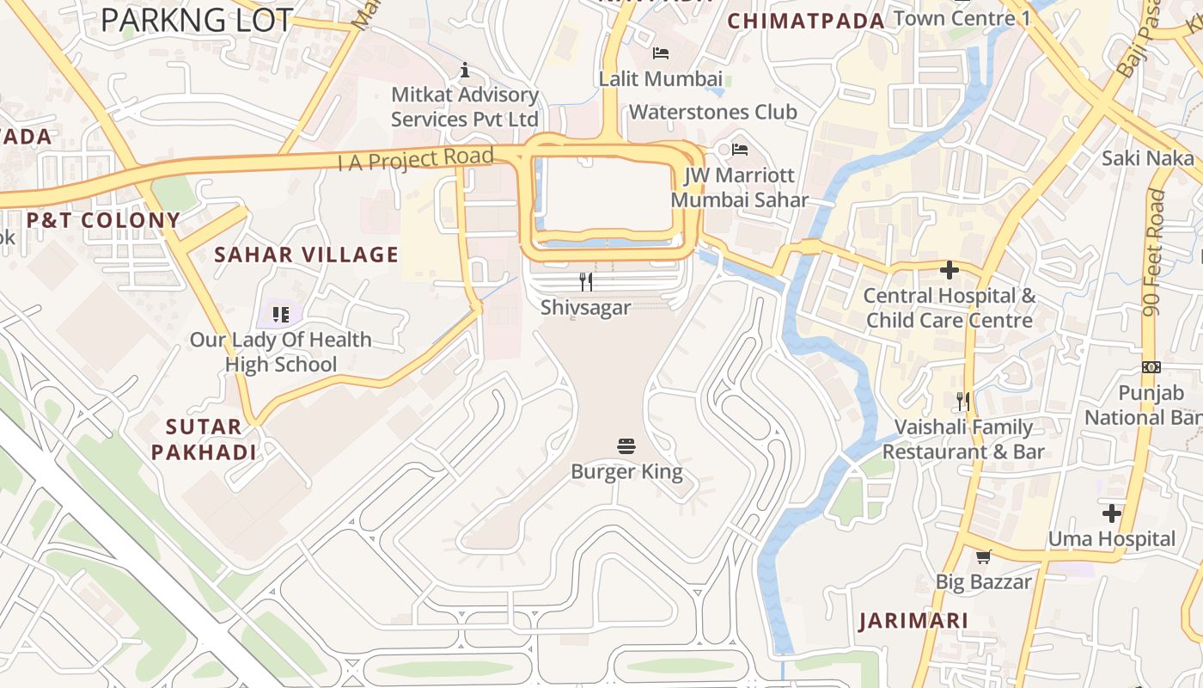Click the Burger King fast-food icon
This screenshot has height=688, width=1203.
626,446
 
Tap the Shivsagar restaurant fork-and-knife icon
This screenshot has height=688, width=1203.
586,282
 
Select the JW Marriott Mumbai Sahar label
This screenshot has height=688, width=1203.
739,187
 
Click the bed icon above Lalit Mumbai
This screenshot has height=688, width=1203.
660,53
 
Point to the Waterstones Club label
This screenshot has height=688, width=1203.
712,112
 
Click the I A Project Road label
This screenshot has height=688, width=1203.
416,159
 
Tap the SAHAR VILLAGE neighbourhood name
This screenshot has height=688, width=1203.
306,255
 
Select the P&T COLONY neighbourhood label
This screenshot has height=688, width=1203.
103,220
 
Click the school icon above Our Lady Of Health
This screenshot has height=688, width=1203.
280,315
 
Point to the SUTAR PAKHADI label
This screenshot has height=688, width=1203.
204,439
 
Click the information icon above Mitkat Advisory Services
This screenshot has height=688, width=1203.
465,70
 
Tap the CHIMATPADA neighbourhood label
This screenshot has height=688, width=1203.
806,21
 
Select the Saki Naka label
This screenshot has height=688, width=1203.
1148,157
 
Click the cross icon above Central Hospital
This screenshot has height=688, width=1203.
949,271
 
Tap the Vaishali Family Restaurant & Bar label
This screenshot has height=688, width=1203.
963,439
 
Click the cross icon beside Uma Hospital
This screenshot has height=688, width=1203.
1112,514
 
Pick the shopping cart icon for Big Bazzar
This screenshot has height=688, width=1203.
984,556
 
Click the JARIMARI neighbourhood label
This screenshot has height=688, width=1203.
913,620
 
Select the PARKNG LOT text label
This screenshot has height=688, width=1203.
197,21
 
